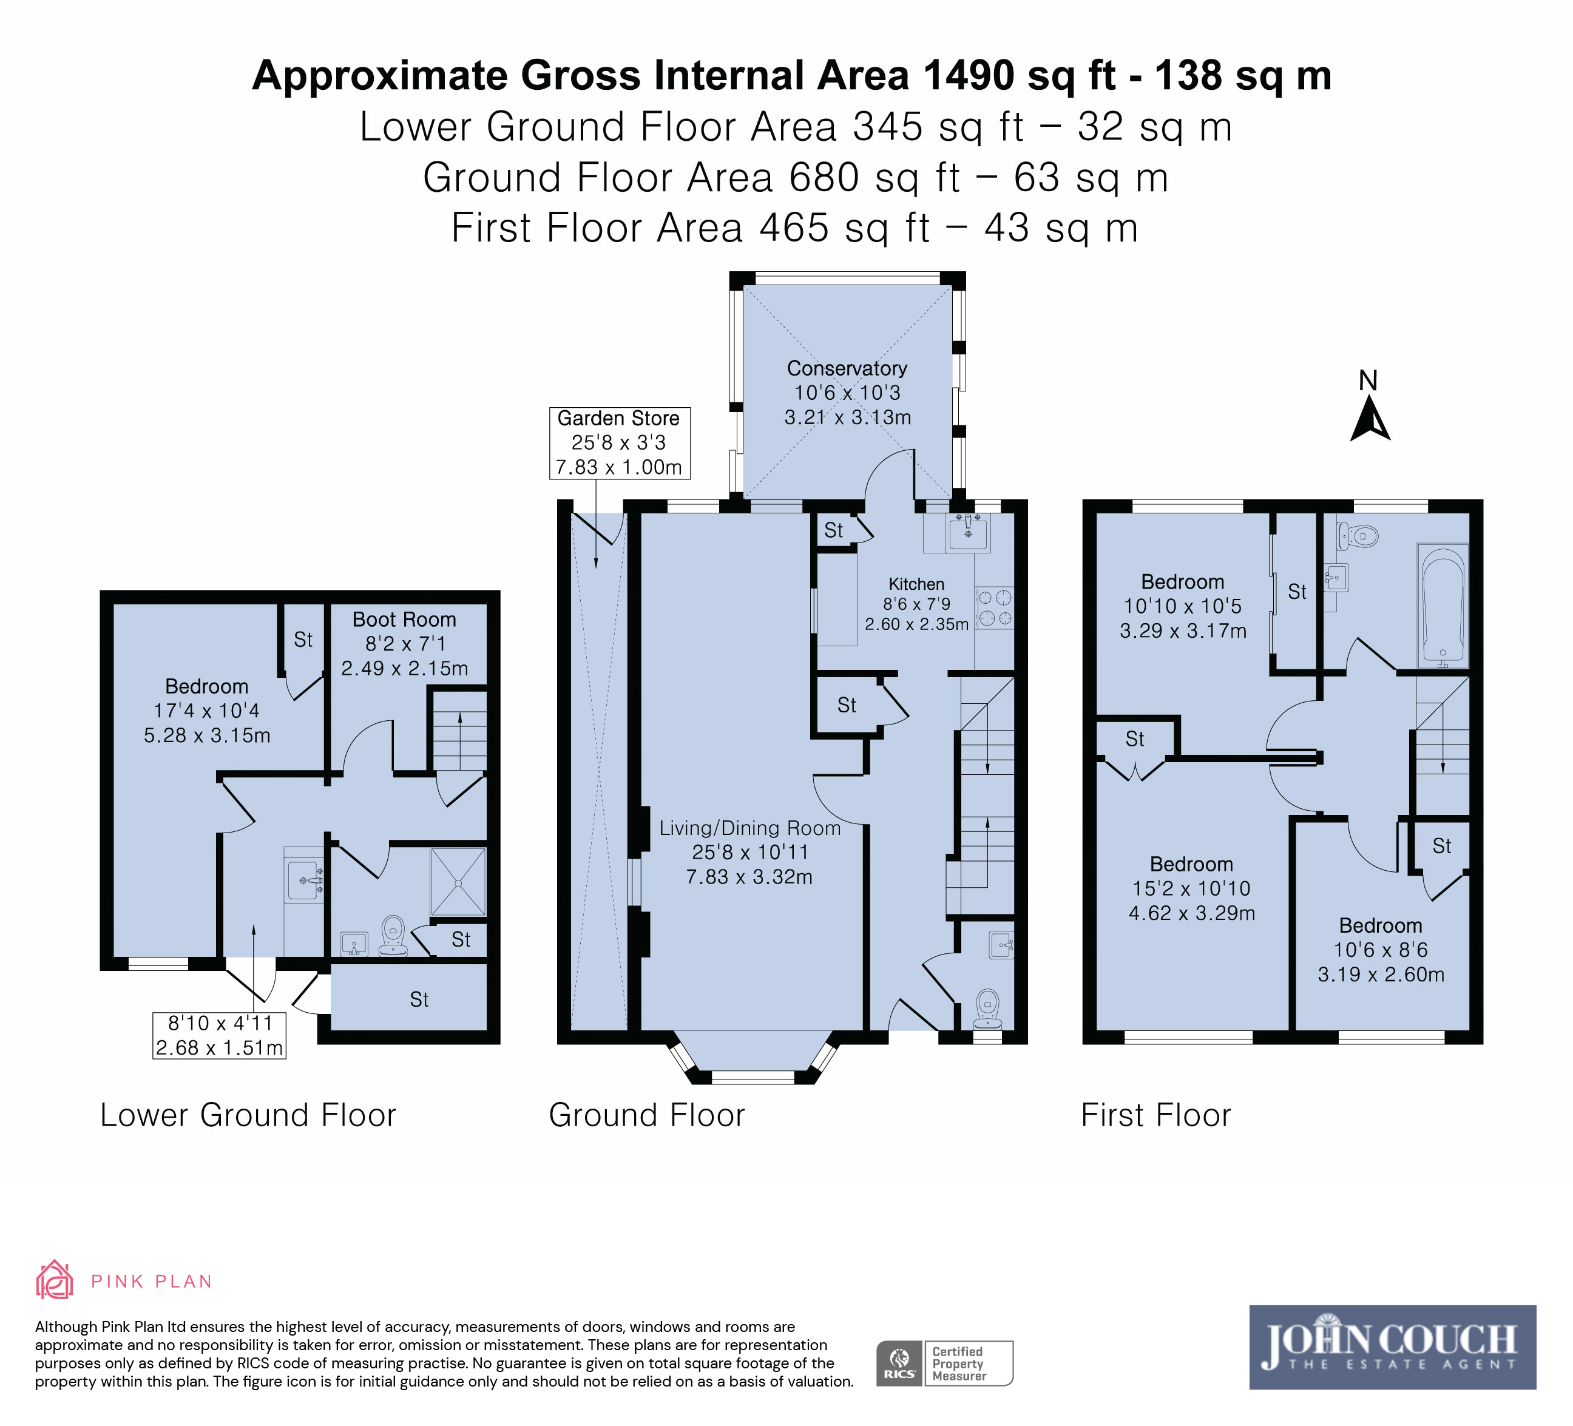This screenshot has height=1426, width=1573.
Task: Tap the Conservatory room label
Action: click(x=847, y=368)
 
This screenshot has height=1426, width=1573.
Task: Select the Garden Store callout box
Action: click(x=619, y=442)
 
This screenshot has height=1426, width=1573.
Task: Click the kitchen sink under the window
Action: click(x=967, y=533)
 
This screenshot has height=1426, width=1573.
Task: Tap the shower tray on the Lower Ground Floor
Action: click(x=458, y=882)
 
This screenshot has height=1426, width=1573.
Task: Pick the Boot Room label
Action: click(x=404, y=620)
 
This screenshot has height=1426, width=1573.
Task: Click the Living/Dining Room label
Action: click(x=750, y=828)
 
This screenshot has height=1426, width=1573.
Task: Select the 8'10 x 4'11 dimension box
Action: click(x=219, y=1035)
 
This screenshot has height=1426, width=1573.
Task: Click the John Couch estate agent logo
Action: click(x=1393, y=1347)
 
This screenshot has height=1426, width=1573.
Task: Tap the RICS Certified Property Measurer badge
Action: click(x=944, y=1363)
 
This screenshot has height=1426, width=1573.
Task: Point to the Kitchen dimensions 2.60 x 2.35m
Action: click(x=917, y=624)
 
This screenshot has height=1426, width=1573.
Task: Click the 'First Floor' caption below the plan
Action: click(x=1155, y=1115)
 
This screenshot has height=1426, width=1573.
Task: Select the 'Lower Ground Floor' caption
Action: click(x=248, y=1115)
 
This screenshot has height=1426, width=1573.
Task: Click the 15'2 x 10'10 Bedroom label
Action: click(x=1191, y=888)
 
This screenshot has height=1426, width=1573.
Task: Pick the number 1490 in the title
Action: click(x=969, y=76)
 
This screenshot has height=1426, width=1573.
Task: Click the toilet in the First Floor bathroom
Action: click(x=1358, y=536)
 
